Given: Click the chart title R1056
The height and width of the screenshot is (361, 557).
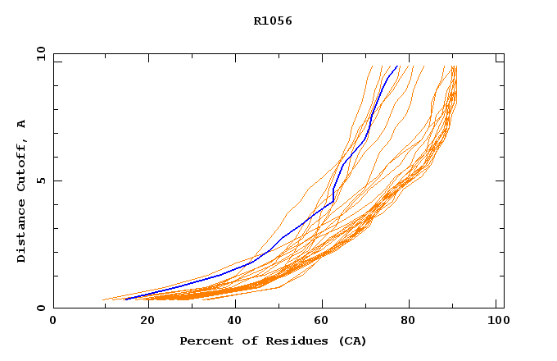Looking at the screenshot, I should [x=273, y=21].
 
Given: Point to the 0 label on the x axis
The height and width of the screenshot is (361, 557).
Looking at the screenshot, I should [x=53, y=322].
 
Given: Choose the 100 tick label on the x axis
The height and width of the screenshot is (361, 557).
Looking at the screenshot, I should [x=496, y=322].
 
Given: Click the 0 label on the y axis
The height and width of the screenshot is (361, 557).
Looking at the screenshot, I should [x=40, y=308].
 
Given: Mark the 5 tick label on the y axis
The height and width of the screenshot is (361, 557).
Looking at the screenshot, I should [x=40, y=180].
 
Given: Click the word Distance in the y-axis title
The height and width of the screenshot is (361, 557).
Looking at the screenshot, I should [x=22, y=231].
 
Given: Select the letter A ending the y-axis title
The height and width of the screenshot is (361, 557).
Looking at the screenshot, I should [x=22, y=124].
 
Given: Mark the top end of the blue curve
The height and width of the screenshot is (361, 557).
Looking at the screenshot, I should [x=397, y=66].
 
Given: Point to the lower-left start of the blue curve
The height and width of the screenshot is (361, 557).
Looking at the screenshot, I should [x=126, y=299].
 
